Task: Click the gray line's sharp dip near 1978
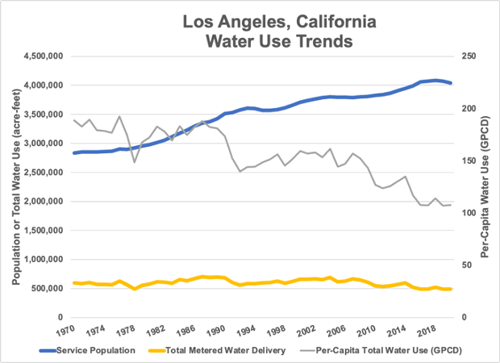135,162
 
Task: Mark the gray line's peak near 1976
119,116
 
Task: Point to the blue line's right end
451,83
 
